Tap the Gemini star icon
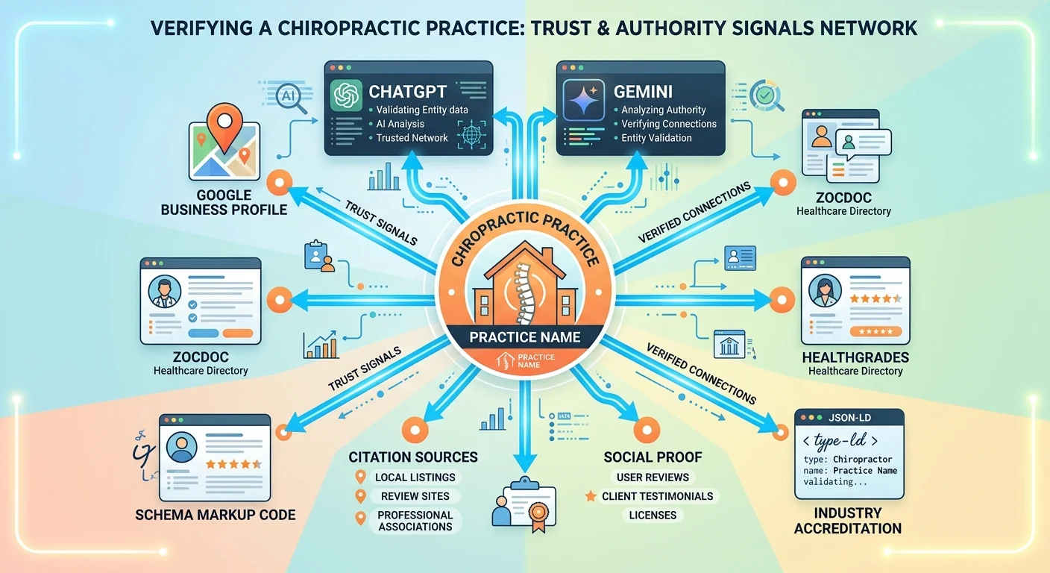(583, 100)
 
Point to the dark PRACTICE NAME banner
(524, 336)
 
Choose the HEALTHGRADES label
(855, 358)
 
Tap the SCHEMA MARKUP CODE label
(216, 515)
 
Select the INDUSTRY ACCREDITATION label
(848, 521)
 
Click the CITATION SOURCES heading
(413, 457)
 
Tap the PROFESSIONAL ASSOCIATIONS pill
(415, 521)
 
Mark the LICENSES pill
(653, 515)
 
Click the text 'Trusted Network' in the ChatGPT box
(412, 137)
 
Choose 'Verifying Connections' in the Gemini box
(669, 124)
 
